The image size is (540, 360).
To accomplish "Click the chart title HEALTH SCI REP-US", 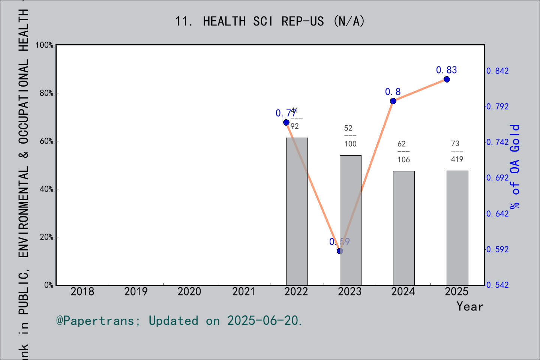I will (x=270, y=21).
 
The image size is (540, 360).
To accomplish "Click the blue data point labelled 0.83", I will (x=447, y=79).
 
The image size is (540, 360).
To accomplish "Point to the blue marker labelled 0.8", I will (x=393, y=101).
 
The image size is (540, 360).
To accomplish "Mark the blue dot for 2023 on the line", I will (x=340, y=251).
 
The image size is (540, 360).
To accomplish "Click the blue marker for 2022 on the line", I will (x=286, y=122).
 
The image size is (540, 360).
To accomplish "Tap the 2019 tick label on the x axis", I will (x=136, y=292).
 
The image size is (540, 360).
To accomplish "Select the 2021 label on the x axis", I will (x=243, y=292).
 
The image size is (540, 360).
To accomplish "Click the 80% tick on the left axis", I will (x=46, y=93).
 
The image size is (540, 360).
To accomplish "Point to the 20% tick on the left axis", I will (x=46, y=237).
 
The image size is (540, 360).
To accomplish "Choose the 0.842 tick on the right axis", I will (x=498, y=71).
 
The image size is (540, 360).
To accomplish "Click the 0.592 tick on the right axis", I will (x=498, y=249).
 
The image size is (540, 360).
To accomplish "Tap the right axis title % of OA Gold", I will (x=515, y=166).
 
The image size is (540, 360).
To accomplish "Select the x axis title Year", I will (x=469, y=307).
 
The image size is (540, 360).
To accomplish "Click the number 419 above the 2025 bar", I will (x=457, y=159).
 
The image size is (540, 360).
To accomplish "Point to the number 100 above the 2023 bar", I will (x=350, y=144).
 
